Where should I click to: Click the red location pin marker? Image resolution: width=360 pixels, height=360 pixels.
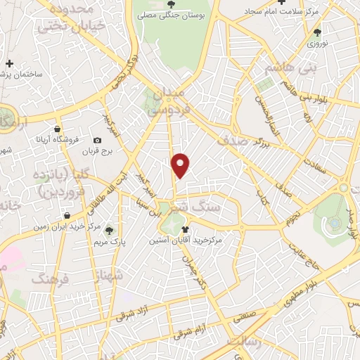(x=181, y=165)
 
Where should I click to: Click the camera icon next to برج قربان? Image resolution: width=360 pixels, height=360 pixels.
(x=98, y=140)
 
